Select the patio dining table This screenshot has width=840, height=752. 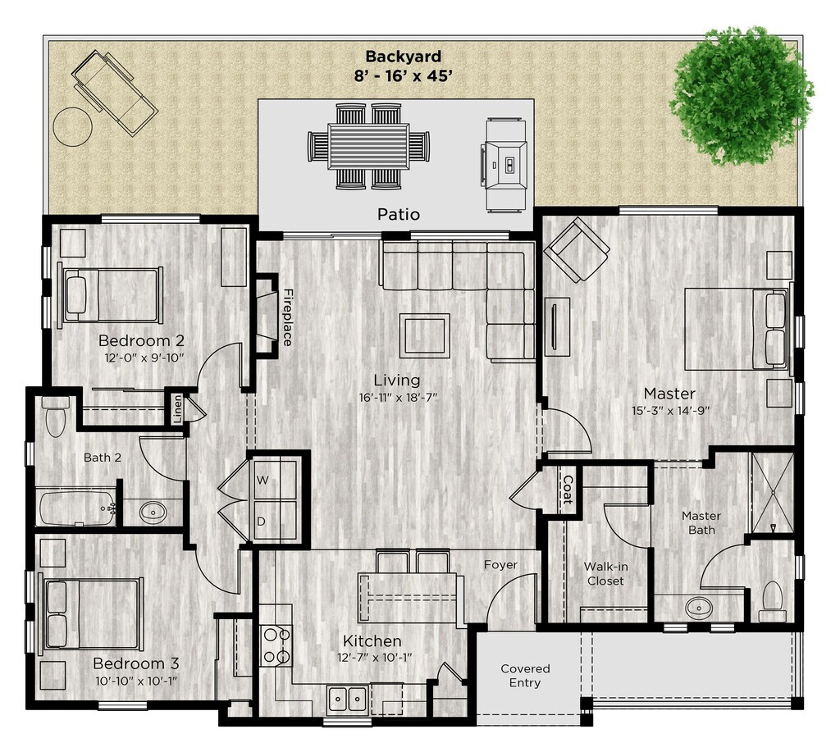pos(368,145)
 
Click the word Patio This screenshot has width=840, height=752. pos(399,215)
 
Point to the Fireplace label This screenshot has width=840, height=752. pos(288,317)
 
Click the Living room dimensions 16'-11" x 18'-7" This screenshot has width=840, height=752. pos(397,398)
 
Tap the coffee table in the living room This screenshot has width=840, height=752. pos(424,335)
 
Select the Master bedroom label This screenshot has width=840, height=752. pos(669,394)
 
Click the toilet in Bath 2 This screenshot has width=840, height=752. pos(56,417)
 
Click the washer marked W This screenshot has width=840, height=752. pos(275,480)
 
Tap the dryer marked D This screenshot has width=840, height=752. pos(275,522)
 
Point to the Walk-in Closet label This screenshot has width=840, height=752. pos(605,573)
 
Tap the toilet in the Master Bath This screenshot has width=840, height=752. pos(772,600)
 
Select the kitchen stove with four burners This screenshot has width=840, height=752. pos(276,645)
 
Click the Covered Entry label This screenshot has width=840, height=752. pos(525,676)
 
